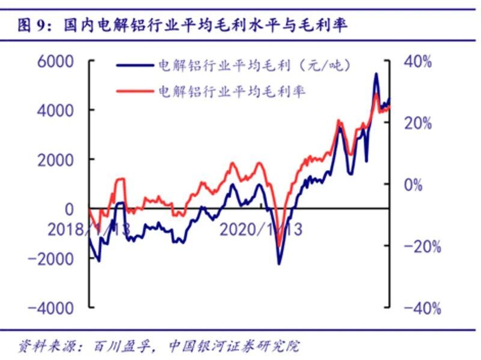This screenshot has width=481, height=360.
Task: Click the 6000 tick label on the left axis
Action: click(55, 61)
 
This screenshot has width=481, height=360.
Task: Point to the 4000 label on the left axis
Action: click(55, 111)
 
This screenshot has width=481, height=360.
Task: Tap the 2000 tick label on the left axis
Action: click(55, 160)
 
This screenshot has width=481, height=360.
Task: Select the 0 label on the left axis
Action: click(69, 209)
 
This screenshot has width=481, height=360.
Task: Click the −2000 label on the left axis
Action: click(51, 259)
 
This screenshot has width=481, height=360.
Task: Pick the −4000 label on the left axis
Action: click(51, 308)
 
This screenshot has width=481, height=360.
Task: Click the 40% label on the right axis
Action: click(418, 61)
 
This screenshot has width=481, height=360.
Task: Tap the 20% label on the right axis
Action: click(418, 123)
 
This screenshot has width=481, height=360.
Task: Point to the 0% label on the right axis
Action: click(413, 185)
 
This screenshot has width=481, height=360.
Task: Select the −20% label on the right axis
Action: click(422, 246)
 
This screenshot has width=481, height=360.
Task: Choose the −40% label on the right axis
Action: click(422, 308)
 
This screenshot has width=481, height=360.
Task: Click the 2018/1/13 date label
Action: click(89, 230)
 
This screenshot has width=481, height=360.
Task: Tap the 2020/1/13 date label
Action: click(261, 230)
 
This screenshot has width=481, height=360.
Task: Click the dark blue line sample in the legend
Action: click(135, 66)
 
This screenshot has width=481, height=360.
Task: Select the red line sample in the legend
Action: click(135, 91)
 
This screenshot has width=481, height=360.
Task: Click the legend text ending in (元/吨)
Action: click(254, 66)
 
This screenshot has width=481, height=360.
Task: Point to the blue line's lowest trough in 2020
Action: click(279, 264)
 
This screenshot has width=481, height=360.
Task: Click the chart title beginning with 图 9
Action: click(182, 25)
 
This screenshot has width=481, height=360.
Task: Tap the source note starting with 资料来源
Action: click(159, 346)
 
